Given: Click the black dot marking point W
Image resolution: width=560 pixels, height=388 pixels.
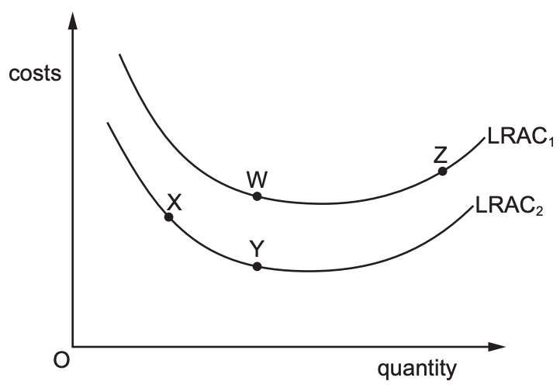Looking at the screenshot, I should [x=258, y=196].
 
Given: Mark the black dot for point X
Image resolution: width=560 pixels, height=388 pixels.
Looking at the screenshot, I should [x=168, y=217].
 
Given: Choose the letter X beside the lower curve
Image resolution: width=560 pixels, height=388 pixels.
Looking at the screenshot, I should [x=175, y=203].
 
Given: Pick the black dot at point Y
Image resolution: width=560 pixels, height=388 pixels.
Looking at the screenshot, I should [x=258, y=267].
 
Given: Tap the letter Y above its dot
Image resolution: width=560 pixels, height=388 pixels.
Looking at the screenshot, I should [x=258, y=249].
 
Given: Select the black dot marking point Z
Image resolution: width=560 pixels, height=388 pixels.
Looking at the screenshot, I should [x=442, y=171].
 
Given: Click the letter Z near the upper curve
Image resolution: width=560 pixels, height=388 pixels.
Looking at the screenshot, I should [x=441, y=154].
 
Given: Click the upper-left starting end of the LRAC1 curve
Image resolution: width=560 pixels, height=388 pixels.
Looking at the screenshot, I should [x=119, y=55].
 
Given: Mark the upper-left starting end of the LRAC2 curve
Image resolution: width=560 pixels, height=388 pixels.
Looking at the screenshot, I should [x=108, y=123].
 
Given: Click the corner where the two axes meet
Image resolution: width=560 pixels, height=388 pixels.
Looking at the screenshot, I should [x=73, y=345].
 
